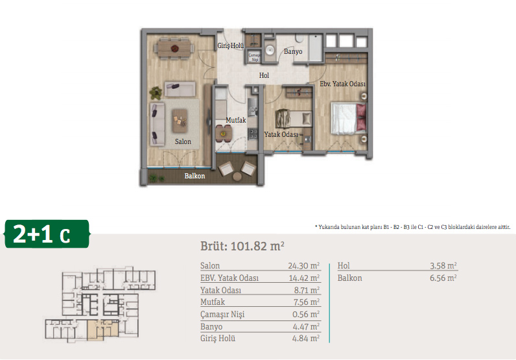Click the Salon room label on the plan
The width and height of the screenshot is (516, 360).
click(183, 141)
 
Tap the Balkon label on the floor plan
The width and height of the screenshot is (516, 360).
click(194, 176)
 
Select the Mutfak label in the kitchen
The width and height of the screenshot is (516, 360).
click(235, 120)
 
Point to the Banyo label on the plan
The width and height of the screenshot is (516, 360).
click(293, 52)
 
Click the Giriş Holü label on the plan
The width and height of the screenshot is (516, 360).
click(230, 45)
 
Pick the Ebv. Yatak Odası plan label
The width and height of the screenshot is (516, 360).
click(342, 84)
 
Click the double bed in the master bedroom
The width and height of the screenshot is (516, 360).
click(349, 119)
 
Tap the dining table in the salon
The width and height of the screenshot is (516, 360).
click(174, 49)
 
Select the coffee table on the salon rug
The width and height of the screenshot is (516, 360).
click(180, 121)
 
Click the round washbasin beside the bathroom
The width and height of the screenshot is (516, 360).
click(270, 51)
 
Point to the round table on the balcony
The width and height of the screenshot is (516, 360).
click(237, 177)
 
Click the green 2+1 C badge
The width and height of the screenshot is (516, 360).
click(47, 234)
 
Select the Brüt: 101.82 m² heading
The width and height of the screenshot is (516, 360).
click(242, 246)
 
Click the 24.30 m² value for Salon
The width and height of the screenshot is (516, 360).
click(304, 265)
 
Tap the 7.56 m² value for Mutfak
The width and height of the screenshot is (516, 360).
click(307, 302)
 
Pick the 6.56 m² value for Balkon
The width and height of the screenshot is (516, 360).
click(443, 278)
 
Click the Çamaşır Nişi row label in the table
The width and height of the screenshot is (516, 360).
click(222, 315)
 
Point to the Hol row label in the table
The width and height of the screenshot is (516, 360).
click(344, 265)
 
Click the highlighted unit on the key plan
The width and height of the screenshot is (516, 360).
click(102, 330)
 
